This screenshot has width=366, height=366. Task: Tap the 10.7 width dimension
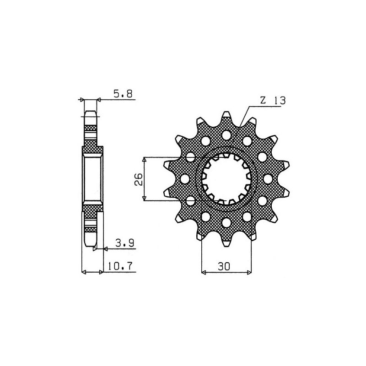point(123,265)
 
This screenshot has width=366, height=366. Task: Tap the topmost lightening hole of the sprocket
point(226,135)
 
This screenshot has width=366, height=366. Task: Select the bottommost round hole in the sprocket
point(226,222)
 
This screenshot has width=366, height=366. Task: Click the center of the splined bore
point(226,179)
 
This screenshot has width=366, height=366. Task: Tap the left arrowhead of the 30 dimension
point(204,273)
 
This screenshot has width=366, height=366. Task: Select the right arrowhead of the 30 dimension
point(249,273)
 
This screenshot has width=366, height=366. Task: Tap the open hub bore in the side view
point(91,178)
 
